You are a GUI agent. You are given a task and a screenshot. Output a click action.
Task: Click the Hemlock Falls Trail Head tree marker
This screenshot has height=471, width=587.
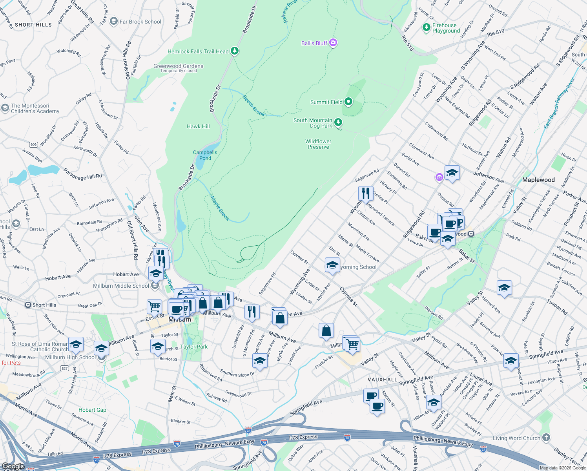[x=235, y=51]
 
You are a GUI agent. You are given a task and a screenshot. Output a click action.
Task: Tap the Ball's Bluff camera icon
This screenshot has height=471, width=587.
[x=333, y=43]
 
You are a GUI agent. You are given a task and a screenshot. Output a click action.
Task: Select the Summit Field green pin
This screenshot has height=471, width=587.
[x=348, y=102]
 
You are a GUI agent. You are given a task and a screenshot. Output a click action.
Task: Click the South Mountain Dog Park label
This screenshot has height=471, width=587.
[x=313, y=123]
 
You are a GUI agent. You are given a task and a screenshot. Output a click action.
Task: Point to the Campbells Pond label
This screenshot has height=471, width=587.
[x=205, y=155]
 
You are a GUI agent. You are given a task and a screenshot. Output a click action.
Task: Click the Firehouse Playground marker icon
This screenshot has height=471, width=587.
[x=427, y=27]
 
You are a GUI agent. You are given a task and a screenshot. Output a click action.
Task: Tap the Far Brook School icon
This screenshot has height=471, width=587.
[x=114, y=22]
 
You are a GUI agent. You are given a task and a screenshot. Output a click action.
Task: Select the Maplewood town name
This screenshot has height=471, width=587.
[x=538, y=180]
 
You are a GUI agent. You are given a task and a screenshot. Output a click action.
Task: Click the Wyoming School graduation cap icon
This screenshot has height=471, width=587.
[x=332, y=265]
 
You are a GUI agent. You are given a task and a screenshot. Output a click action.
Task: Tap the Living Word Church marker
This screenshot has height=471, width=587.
[x=546, y=438]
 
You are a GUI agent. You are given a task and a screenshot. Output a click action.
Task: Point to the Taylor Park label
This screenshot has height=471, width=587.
[x=194, y=347]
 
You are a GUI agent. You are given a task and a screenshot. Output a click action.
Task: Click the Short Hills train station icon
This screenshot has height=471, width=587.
[x=28, y=305]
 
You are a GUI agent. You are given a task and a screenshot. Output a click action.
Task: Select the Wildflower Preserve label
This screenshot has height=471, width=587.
[x=318, y=144]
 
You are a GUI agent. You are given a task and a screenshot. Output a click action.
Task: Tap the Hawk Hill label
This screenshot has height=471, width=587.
[x=198, y=126]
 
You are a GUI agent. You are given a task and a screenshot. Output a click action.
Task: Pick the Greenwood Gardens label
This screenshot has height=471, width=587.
[x=179, y=66]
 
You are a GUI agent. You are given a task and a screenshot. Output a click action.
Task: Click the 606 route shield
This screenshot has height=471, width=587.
[x=34, y=144]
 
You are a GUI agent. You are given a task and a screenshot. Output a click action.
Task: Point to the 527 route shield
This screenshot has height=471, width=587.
[x=64, y=368]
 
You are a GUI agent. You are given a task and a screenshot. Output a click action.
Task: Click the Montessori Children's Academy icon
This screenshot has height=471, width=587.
[x=5, y=108]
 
